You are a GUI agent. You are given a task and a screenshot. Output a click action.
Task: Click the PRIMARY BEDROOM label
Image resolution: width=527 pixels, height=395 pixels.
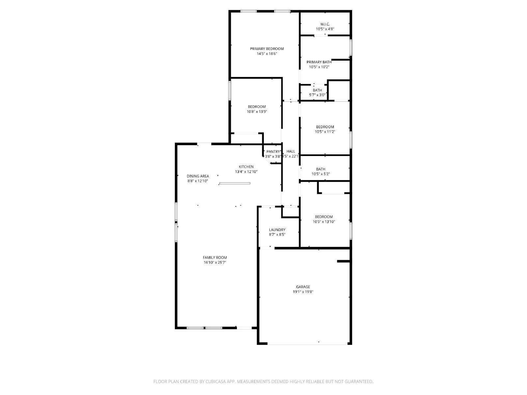(x=266, y=49)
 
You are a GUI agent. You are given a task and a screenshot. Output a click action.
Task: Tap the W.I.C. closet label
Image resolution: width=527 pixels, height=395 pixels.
(x=325, y=24)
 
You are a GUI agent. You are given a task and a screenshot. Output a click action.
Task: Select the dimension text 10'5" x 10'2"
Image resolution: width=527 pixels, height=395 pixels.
(x=319, y=67)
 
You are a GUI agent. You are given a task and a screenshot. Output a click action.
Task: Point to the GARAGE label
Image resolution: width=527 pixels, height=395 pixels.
(x=303, y=287)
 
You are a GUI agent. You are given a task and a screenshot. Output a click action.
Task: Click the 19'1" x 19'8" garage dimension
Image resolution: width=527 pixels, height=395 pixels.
(x=303, y=292)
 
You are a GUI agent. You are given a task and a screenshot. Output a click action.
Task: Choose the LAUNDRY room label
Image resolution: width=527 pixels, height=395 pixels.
(x=277, y=230)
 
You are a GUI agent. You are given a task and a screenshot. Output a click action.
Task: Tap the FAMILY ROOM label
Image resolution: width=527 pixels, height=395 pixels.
(x=215, y=257)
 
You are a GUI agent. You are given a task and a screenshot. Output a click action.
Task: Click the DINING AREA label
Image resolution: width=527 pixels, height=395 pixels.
(x=198, y=176)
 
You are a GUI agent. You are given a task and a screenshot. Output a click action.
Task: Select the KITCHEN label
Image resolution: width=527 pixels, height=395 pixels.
(x=246, y=167)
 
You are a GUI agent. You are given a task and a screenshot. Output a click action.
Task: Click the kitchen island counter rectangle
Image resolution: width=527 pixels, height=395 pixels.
(x=235, y=183)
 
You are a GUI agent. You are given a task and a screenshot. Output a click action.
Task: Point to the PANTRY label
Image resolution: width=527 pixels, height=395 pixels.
(x=273, y=151)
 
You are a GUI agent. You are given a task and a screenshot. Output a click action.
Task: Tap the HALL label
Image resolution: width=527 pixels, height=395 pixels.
(x=291, y=151)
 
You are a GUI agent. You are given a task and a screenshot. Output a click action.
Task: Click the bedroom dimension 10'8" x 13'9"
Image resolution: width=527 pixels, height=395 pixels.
(x=257, y=112)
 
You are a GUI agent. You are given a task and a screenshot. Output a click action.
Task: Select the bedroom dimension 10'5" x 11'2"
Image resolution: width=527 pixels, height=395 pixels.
(x=325, y=132)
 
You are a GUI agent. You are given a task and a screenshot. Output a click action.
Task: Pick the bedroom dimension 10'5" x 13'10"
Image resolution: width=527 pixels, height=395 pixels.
(x=324, y=222)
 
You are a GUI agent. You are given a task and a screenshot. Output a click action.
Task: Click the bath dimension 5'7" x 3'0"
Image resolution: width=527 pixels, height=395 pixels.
(x=317, y=95)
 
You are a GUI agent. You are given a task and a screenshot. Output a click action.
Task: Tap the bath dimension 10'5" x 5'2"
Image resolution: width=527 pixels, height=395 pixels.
(x=320, y=174)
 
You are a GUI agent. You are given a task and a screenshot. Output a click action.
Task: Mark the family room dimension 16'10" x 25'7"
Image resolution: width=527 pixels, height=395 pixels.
(x=215, y=262)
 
